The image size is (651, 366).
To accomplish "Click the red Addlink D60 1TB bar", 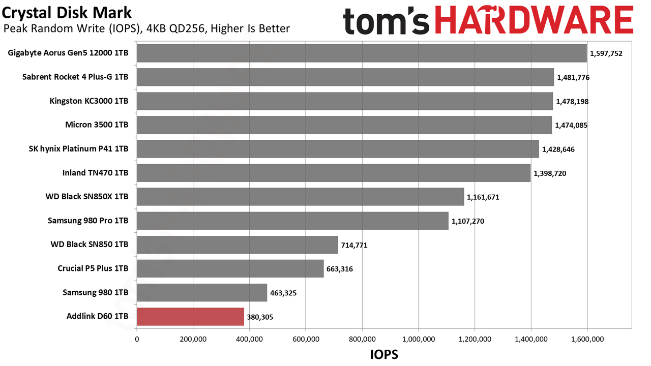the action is pyautogui.click(x=190, y=317).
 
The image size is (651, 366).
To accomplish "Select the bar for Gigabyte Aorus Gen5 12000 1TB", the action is pyautogui.click(x=362, y=53).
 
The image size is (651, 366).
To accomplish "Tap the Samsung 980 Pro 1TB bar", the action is pyautogui.click(x=292, y=221).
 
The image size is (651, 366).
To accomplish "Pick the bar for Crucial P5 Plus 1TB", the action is pyautogui.click(x=230, y=269).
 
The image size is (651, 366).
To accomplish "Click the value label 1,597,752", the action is pyautogui.click(x=606, y=53).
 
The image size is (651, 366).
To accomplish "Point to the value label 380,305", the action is pyautogui.click(x=260, y=317).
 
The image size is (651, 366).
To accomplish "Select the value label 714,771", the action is pyautogui.click(x=354, y=245).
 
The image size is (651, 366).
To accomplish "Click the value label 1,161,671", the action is pyautogui.click(x=483, y=197).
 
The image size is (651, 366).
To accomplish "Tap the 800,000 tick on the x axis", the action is pyautogui.click(x=362, y=339).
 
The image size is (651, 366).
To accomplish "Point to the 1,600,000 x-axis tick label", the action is pyautogui.click(x=587, y=339).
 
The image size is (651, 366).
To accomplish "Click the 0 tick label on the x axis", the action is pyautogui.click(x=137, y=339).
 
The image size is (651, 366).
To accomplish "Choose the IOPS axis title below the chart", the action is pyautogui.click(x=384, y=354).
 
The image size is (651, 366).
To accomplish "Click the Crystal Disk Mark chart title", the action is pyautogui.click(x=67, y=13).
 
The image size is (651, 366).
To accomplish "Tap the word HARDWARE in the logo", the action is pyautogui.click(x=534, y=20).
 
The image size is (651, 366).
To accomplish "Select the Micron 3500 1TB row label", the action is pyautogui.click(x=97, y=125).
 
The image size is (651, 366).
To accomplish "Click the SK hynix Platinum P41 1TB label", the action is pyautogui.click(x=78, y=149).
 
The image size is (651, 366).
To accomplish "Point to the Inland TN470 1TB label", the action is pyautogui.click(x=95, y=173).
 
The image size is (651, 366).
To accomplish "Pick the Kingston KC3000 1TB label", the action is pyautogui.click(x=89, y=101).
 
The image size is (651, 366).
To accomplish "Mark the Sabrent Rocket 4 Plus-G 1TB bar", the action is pyautogui.click(x=345, y=77).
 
